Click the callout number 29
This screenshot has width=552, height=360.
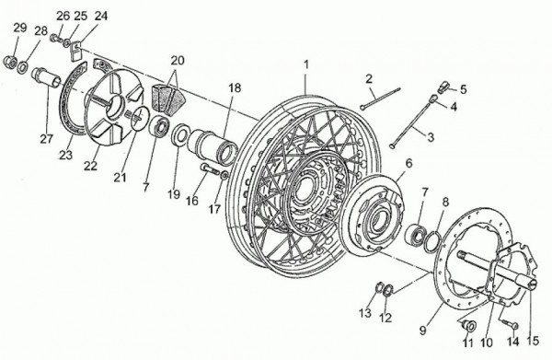[x=20, y=28]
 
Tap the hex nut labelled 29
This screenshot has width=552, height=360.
[x=9, y=62]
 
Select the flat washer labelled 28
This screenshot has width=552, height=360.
[x=23, y=67]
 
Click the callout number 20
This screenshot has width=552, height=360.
[x=178, y=61]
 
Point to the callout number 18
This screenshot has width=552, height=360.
[x=235, y=87]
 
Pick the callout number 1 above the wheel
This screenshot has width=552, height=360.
[x=306, y=64]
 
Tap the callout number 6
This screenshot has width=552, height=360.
[x=408, y=164]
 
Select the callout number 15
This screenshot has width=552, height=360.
[x=533, y=341]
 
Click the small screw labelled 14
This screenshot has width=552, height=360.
[x=509, y=322]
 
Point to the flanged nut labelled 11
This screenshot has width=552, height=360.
[x=468, y=325]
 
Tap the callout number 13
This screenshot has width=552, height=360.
[x=365, y=312]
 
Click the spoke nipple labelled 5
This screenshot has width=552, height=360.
[x=444, y=87]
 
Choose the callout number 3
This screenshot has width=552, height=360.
[x=431, y=137]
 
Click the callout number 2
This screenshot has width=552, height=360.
[x=369, y=79]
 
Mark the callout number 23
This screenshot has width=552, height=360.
[x=65, y=155]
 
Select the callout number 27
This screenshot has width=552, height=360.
[x=46, y=139]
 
